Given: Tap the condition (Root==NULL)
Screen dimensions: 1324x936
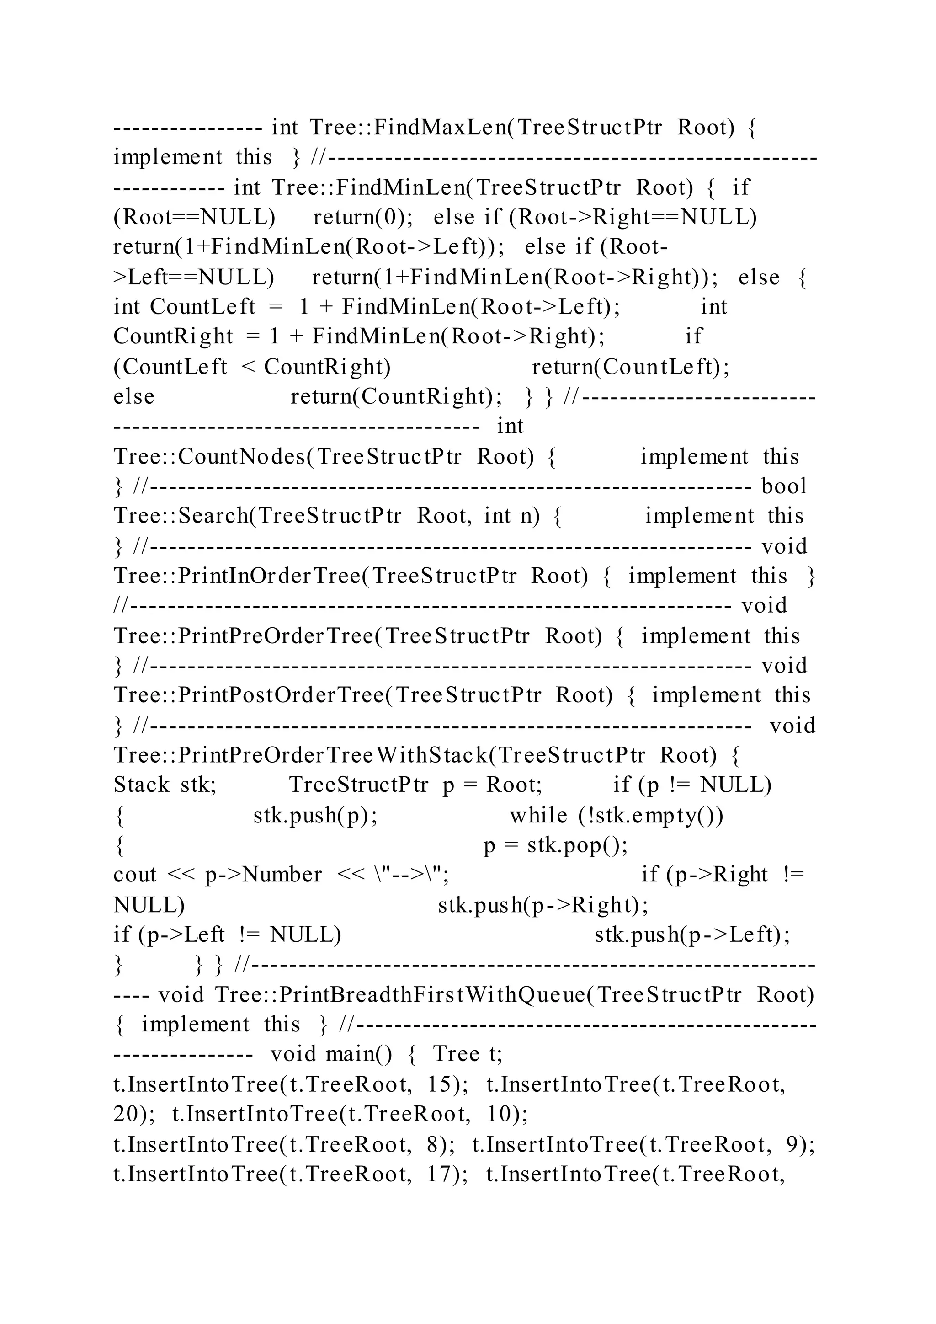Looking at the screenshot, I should point(194,218).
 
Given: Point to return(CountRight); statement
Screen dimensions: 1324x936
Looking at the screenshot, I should point(396,397).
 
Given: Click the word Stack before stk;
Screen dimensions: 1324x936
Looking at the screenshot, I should point(141,785).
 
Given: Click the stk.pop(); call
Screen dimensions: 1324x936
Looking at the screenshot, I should point(578,845).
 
